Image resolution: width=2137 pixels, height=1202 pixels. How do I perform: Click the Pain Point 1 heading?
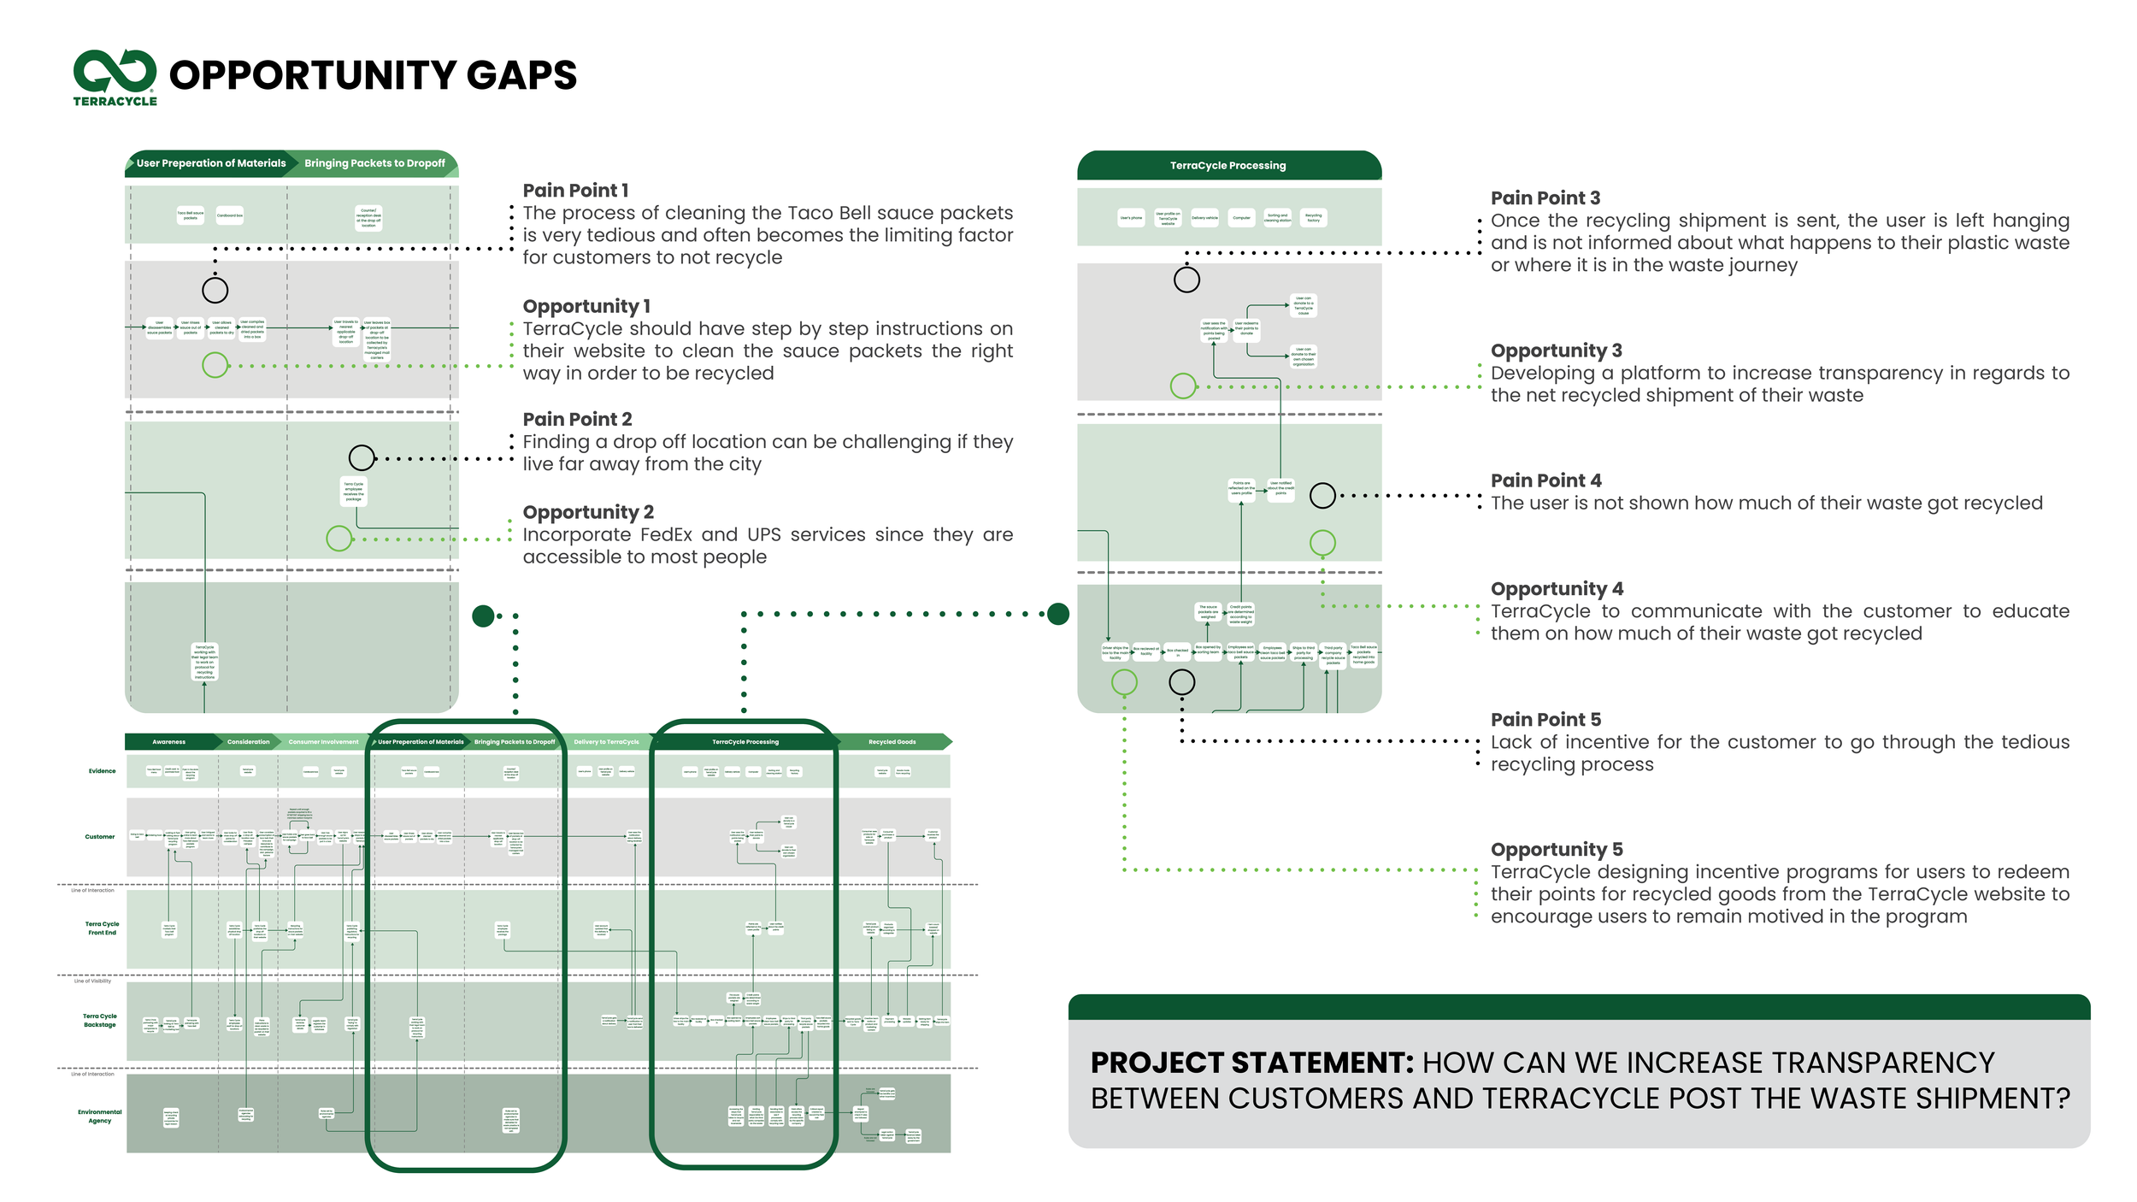(575, 191)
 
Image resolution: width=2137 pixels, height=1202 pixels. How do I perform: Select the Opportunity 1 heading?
(586, 306)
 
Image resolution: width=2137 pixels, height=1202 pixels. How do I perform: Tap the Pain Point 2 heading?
(577, 419)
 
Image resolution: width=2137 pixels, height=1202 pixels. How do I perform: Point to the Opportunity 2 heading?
(588, 512)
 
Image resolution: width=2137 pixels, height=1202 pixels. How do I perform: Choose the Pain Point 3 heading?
(1545, 198)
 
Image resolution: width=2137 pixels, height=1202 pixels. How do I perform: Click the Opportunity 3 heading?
(1556, 351)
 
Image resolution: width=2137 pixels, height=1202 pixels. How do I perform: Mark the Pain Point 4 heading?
(1545, 480)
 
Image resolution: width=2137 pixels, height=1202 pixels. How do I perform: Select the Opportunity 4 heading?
(1557, 589)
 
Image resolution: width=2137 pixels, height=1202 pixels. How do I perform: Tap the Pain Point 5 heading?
(1545, 720)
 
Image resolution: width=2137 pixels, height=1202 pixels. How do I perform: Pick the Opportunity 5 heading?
(1557, 850)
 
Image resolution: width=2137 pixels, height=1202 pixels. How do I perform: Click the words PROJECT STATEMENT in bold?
(1251, 1063)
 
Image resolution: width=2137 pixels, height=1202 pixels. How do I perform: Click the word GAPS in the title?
(521, 75)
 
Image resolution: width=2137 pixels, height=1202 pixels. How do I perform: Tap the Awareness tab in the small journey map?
(169, 742)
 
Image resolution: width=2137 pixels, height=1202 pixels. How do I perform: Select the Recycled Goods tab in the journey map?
(892, 742)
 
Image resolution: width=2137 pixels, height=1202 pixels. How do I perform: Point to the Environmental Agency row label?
(99, 1117)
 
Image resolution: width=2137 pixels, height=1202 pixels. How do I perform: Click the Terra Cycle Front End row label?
(102, 928)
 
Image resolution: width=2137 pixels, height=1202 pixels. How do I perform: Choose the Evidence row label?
(102, 771)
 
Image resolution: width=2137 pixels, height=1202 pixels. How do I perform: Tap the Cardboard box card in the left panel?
(230, 215)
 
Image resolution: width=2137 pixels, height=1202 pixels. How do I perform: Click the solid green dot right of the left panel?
(483, 616)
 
